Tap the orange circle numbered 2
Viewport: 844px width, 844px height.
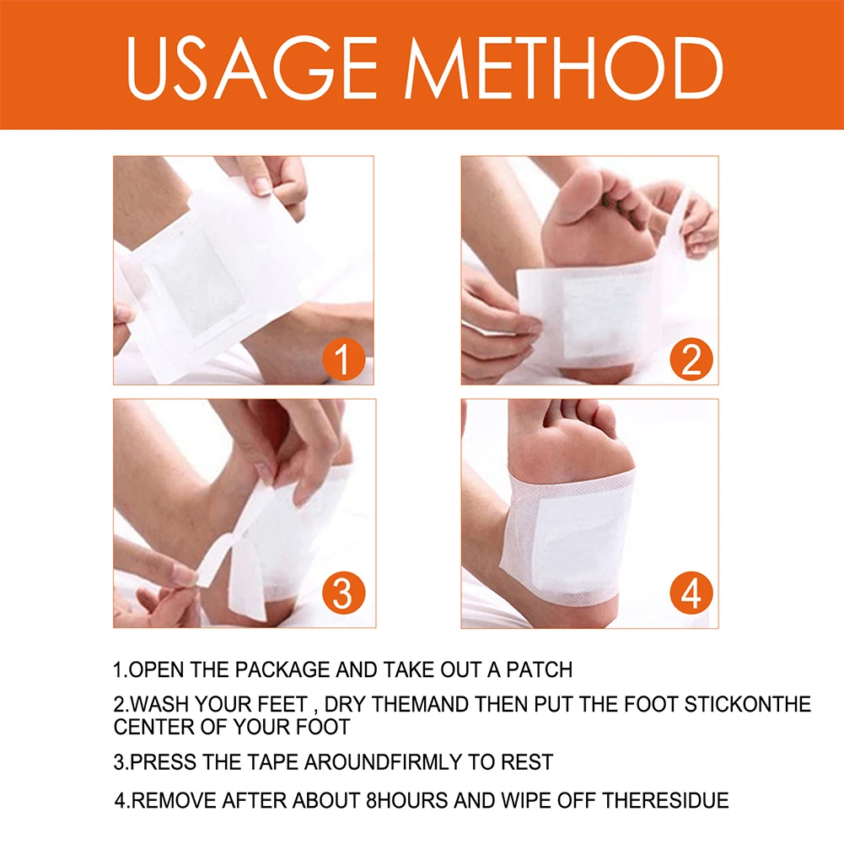[x=691, y=360]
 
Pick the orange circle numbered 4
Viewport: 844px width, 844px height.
[x=691, y=594]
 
